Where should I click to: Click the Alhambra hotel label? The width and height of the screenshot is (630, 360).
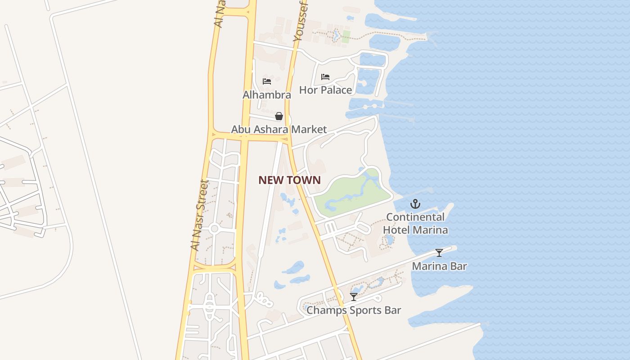point(267,95)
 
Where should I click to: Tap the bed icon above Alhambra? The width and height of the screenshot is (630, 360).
point(267,81)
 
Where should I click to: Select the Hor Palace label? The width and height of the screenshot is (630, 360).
point(325,90)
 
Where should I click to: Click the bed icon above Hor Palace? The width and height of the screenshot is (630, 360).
point(325,77)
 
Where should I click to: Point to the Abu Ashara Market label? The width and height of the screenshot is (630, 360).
point(279,130)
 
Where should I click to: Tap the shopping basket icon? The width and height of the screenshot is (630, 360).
point(279,117)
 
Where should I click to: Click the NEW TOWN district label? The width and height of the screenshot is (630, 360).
point(289,180)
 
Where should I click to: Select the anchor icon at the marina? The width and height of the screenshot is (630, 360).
point(415,204)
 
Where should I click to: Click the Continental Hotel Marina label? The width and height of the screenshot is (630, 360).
point(415,224)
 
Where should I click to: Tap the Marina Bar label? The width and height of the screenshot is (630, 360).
point(439,266)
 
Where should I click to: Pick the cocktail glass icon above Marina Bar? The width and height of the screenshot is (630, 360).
point(439,253)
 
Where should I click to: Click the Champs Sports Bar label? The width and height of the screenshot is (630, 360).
point(354,310)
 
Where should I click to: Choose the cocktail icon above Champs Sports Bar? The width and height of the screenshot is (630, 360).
point(354,297)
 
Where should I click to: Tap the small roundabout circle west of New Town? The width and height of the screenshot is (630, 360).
point(214,229)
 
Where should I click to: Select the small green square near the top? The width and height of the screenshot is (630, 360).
point(346,37)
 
